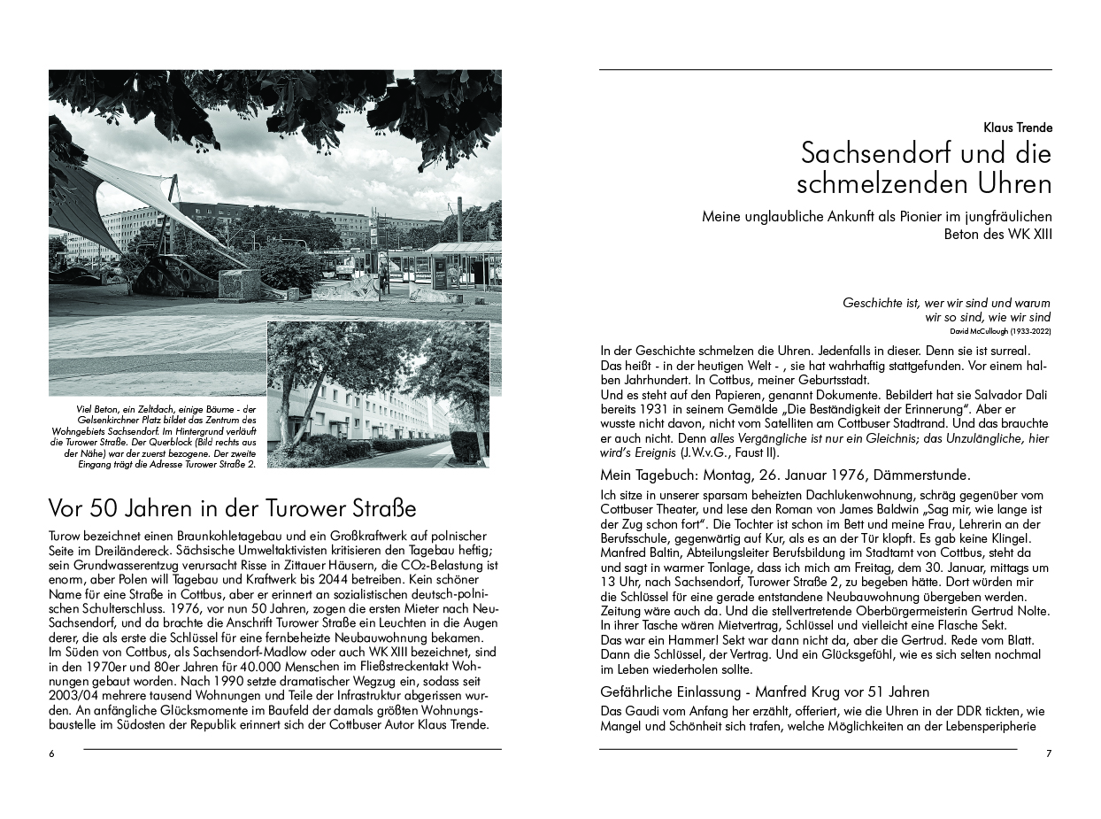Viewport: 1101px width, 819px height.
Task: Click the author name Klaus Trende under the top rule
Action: [x=1017, y=127]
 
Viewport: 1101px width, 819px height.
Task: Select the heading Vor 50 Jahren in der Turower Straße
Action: [x=232, y=509]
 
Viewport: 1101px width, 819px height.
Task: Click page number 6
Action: [x=51, y=753]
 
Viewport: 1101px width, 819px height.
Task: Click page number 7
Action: [x=1049, y=753]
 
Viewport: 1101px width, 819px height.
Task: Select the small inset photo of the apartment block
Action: [x=378, y=394]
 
